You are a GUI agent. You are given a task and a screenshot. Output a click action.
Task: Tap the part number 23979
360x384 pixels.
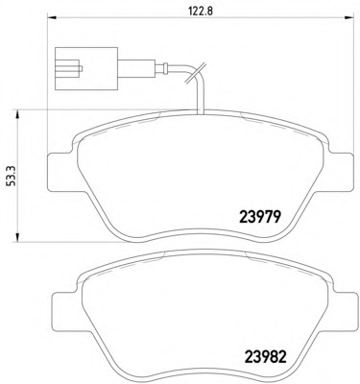(x=260, y=218)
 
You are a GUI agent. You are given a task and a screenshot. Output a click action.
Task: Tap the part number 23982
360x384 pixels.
(x=265, y=356)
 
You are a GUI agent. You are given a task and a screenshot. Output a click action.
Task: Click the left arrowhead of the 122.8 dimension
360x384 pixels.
(x=52, y=17)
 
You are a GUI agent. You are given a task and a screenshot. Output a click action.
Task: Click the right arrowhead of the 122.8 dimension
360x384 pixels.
(x=348, y=17)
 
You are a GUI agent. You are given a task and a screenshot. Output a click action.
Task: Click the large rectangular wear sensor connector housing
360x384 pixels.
(x=86, y=68)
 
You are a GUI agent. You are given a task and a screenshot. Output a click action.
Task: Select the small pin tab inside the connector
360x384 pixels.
(x=81, y=68)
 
